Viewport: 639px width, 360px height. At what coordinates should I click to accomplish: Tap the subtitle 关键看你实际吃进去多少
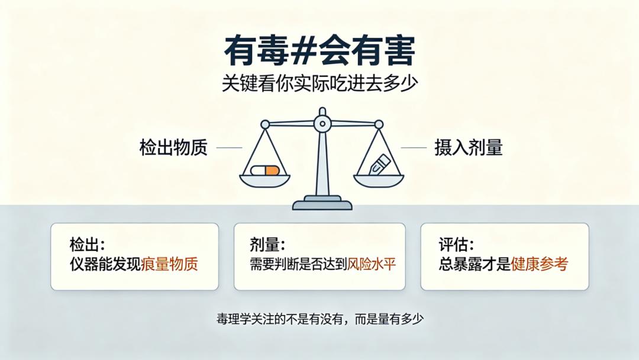pyautogui.click(x=319, y=83)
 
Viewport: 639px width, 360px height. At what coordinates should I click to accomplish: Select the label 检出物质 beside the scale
pyautogui.click(x=173, y=147)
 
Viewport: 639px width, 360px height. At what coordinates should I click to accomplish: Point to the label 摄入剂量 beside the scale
pyautogui.click(x=468, y=147)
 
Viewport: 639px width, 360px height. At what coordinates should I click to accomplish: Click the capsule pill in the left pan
pyautogui.click(x=265, y=170)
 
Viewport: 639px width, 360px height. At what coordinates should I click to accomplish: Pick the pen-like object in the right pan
pyautogui.click(x=379, y=164)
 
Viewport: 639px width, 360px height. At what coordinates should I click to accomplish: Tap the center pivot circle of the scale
pyautogui.click(x=322, y=123)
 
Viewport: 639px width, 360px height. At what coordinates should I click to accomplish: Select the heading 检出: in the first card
pyautogui.click(x=87, y=245)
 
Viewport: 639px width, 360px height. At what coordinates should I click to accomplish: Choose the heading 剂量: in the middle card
pyautogui.click(x=267, y=245)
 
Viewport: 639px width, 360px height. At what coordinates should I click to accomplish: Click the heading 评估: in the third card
pyautogui.click(x=456, y=245)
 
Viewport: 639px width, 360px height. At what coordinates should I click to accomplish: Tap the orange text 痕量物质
pyautogui.click(x=169, y=263)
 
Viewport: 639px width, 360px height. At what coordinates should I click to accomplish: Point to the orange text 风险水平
pyautogui.click(x=371, y=264)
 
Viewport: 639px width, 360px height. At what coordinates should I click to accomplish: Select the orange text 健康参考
pyautogui.click(x=539, y=263)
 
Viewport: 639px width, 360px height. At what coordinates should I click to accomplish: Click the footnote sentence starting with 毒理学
pyautogui.click(x=320, y=319)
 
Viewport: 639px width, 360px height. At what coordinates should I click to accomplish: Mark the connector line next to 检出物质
pyautogui.click(x=229, y=147)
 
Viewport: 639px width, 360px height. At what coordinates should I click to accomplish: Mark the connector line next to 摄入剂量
pyautogui.click(x=414, y=147)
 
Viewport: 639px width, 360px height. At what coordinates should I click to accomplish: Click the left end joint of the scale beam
pyautogui.click(x=265, y=124)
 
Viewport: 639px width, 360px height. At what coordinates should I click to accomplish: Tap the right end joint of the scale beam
pyautogui.click(x=379, y=124)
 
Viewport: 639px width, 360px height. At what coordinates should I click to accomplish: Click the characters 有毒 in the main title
pyautogui.click(x=257, y=51)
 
